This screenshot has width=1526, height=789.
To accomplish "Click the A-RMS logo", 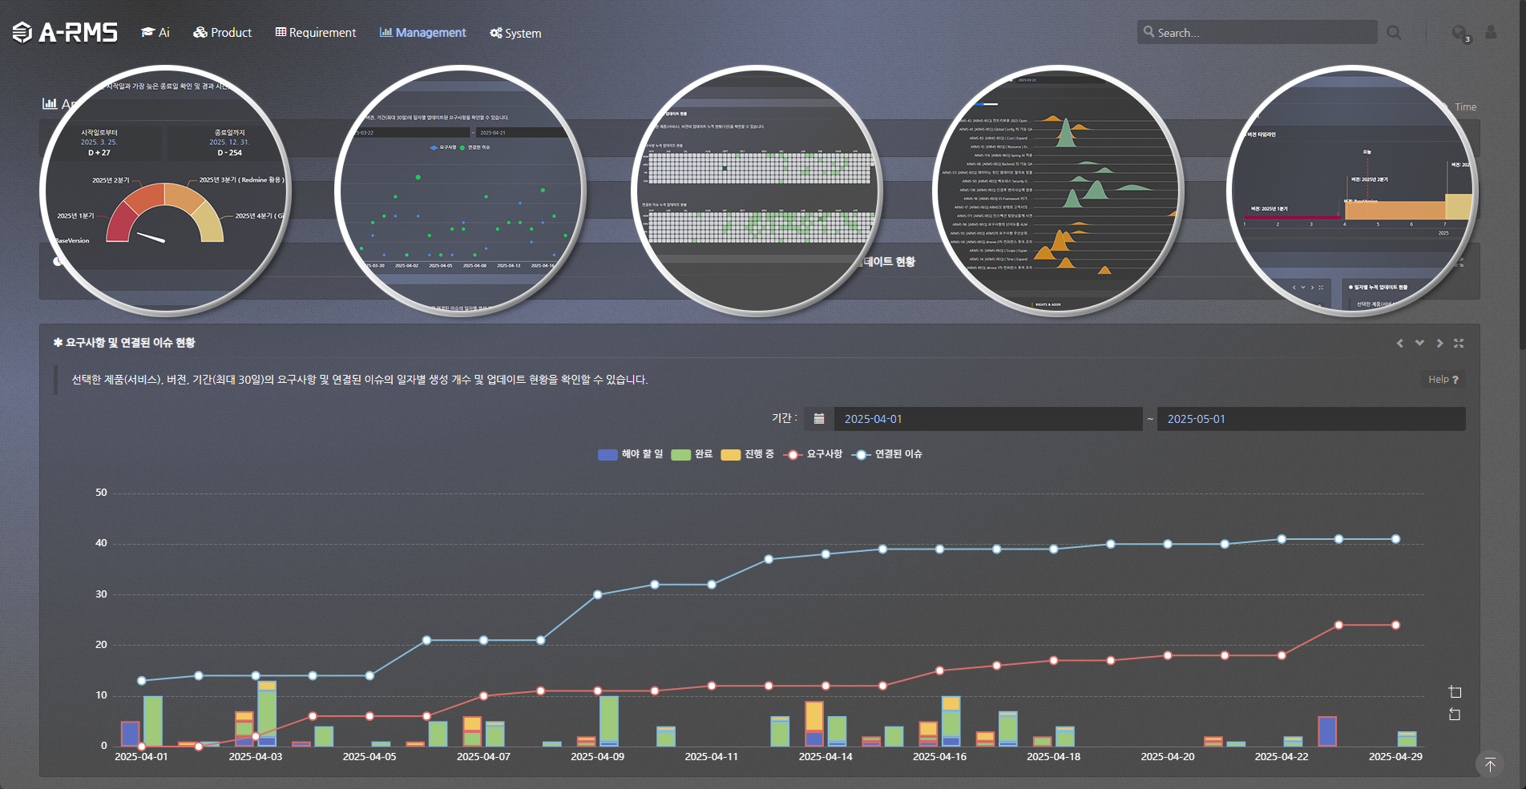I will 66,32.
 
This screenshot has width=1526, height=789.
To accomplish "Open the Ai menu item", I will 155,32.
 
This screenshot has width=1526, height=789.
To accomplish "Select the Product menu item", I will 223,32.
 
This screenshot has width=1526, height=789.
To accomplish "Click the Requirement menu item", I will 316,32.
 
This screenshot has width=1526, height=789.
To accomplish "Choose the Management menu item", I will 422,32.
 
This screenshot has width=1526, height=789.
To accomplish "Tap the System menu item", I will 515,33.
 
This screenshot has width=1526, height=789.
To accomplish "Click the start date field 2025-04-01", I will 987,419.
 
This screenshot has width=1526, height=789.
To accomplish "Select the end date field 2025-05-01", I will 1310,419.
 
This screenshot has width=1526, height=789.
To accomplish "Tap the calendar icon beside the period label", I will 819,419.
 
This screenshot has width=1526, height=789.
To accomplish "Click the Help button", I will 1443,380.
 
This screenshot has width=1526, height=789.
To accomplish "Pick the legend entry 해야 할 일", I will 631,454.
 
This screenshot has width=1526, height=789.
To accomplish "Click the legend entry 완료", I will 692,454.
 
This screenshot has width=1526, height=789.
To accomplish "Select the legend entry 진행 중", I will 748,454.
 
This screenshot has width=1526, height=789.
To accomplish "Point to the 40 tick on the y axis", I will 101,543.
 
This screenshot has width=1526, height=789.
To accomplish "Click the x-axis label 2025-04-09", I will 597,756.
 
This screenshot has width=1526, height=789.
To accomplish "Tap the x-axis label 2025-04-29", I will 1395,756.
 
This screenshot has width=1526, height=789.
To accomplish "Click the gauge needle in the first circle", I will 151,236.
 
